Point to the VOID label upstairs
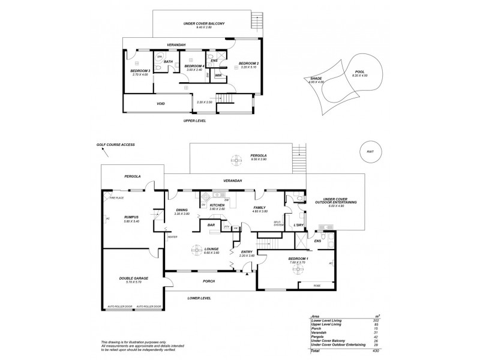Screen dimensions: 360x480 (161, 103)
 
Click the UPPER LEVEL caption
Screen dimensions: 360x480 (195, 121)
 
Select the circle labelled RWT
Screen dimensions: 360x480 (370, 152)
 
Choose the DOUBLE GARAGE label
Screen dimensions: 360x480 (134, 278)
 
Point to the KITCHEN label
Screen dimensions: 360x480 (217, 205)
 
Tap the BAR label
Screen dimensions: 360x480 (211, 226)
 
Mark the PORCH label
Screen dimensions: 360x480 (208, 281)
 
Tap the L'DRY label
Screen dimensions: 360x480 (298, 225)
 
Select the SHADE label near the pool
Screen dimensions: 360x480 (316, 79)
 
